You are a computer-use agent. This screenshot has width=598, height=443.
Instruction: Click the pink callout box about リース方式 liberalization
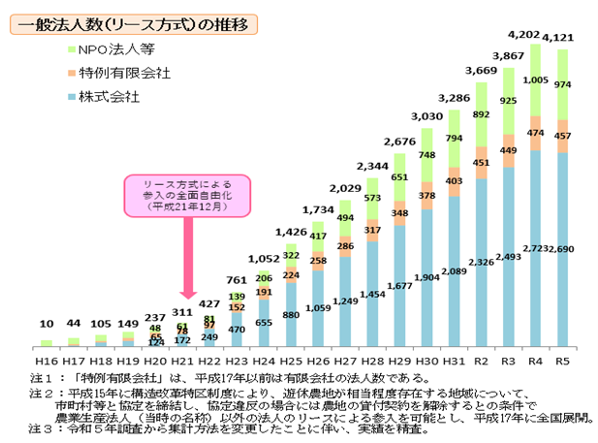pos(186,195)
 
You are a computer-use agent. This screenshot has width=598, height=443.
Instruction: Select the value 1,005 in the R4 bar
pos(534,80)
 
